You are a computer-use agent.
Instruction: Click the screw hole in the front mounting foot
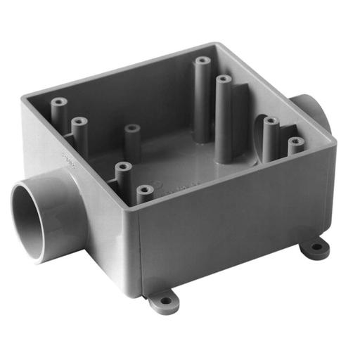(x=165, y=301)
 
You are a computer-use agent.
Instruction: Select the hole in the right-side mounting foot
(x=315, y=247)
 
